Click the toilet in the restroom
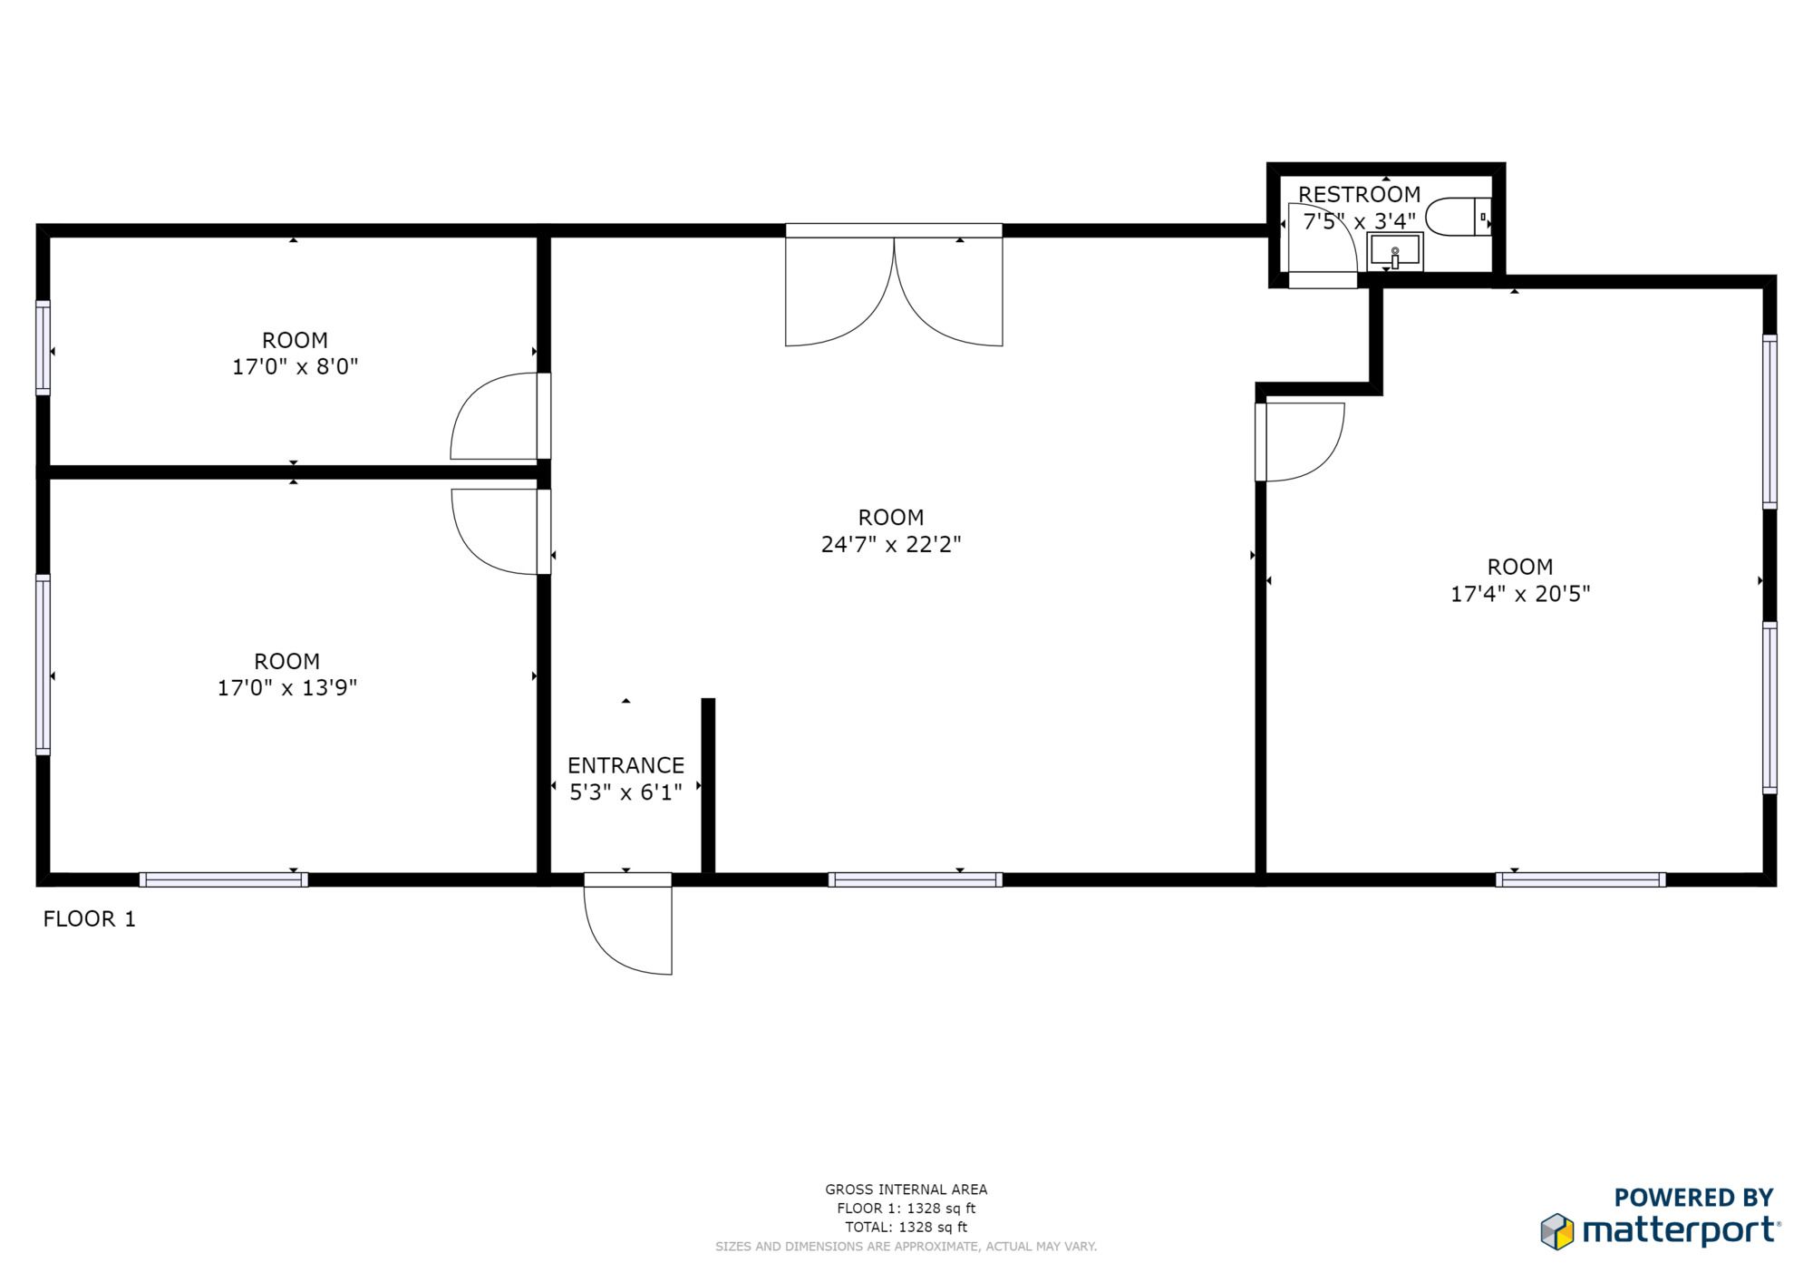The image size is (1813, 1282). [1458, 217]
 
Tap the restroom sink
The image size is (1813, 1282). [1395, 252]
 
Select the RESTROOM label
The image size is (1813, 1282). [1359, 194]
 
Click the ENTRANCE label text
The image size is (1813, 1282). [625, 765]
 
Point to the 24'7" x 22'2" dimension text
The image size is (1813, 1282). [891, 544]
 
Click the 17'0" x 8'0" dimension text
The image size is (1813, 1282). [296, 366]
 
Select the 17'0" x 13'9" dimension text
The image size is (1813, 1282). [287, 687]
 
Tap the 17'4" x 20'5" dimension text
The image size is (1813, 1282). [1520, 594]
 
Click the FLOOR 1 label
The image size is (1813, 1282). [90, 919]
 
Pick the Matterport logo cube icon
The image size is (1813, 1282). [1557, 1231]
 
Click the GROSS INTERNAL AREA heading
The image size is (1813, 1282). [906, 1190]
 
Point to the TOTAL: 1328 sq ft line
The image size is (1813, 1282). [906, 1228]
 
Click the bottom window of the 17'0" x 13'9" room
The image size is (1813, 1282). [223, 879]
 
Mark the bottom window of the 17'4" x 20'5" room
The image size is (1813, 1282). [1580, 879]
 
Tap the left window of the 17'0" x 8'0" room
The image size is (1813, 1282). [43, 347]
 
